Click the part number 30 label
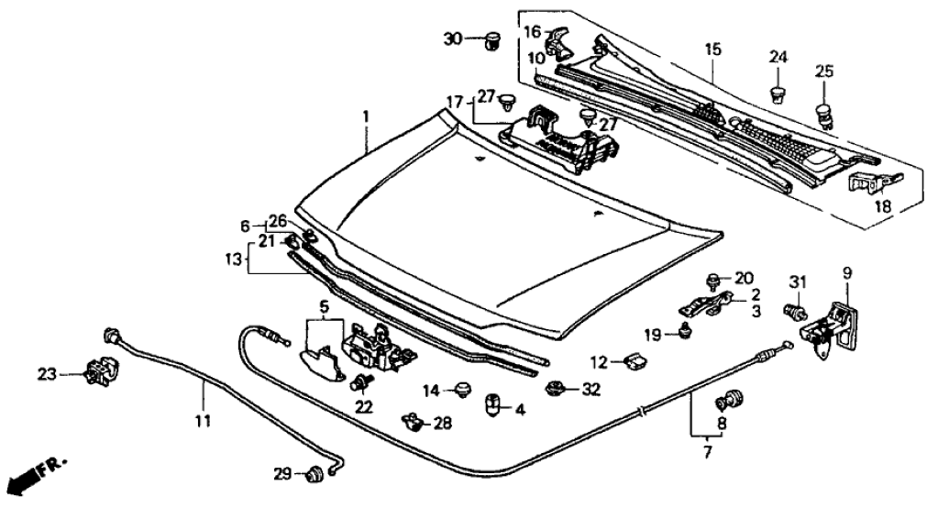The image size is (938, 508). tap(454, 39)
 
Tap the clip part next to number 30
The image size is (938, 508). tap(494, 40)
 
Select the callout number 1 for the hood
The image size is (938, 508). tap(365, 116)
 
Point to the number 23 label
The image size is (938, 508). tap(47, 373)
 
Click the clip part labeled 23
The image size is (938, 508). tap(95, 371)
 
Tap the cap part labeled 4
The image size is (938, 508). tap(491, 403)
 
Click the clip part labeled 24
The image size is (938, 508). tap(778, 93)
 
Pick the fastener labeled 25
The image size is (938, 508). tap(824, 114)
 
